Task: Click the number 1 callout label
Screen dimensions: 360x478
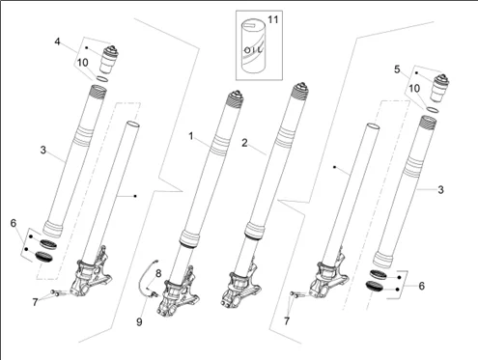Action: click(x=192, y=136)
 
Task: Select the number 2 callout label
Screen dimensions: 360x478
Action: click(x=245, y=142)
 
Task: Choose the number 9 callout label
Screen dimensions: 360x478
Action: click(x=138, y=320)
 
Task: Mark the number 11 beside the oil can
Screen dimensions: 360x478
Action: click(x=272, y=19)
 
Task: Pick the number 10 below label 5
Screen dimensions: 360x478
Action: click(x=414, y=88)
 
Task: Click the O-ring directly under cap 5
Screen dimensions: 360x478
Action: click(x=436, y=109)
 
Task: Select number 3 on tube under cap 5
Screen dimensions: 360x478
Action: click(x=440, y=190)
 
